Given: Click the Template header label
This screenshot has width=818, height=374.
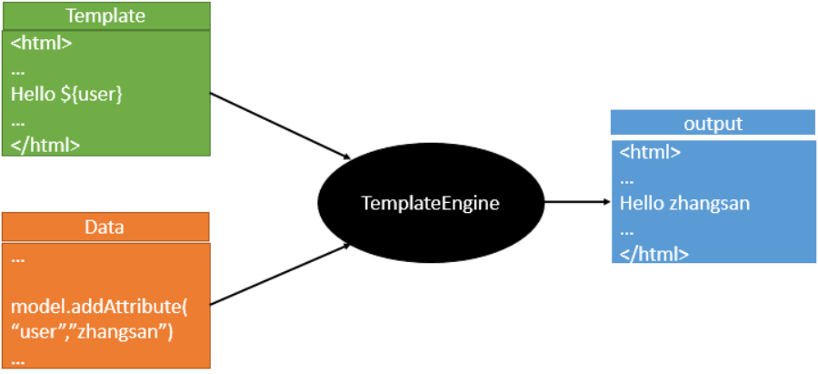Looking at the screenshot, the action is [106, 15].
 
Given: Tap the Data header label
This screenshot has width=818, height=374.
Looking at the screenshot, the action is [105, 227].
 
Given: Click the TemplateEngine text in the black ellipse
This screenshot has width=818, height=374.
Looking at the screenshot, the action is [431, 203].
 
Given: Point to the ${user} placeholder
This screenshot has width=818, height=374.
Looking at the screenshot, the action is [91, 96].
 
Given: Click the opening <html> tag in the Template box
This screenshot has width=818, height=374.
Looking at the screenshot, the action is [41, 43].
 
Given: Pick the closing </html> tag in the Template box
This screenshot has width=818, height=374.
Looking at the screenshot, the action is [45, 145].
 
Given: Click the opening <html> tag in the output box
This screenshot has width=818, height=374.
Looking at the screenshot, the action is [650, 153].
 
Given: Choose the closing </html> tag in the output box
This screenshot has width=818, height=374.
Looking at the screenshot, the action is [654, 255].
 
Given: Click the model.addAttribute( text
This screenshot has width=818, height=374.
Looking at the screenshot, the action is [98, 308].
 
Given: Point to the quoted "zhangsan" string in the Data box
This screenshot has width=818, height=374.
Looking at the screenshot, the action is [122, 333].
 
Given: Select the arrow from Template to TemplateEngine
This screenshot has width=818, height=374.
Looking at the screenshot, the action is [280, 126].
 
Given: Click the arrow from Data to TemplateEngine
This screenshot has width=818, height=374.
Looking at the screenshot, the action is [280, 274].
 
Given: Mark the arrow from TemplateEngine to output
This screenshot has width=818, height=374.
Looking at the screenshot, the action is [577, 202].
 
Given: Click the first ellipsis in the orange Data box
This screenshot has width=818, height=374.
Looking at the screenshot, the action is [18, 260].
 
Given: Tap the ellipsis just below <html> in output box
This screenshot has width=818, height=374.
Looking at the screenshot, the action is [626, 182].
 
